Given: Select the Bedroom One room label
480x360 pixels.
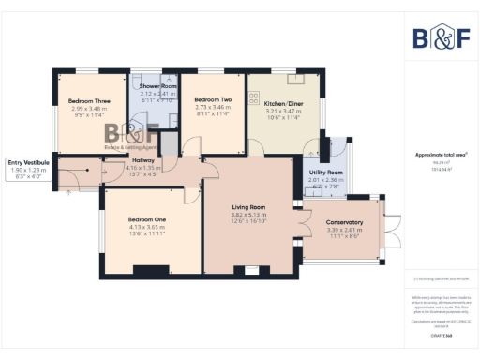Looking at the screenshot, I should pos(146,219).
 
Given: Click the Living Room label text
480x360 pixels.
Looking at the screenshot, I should pos(249,207).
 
